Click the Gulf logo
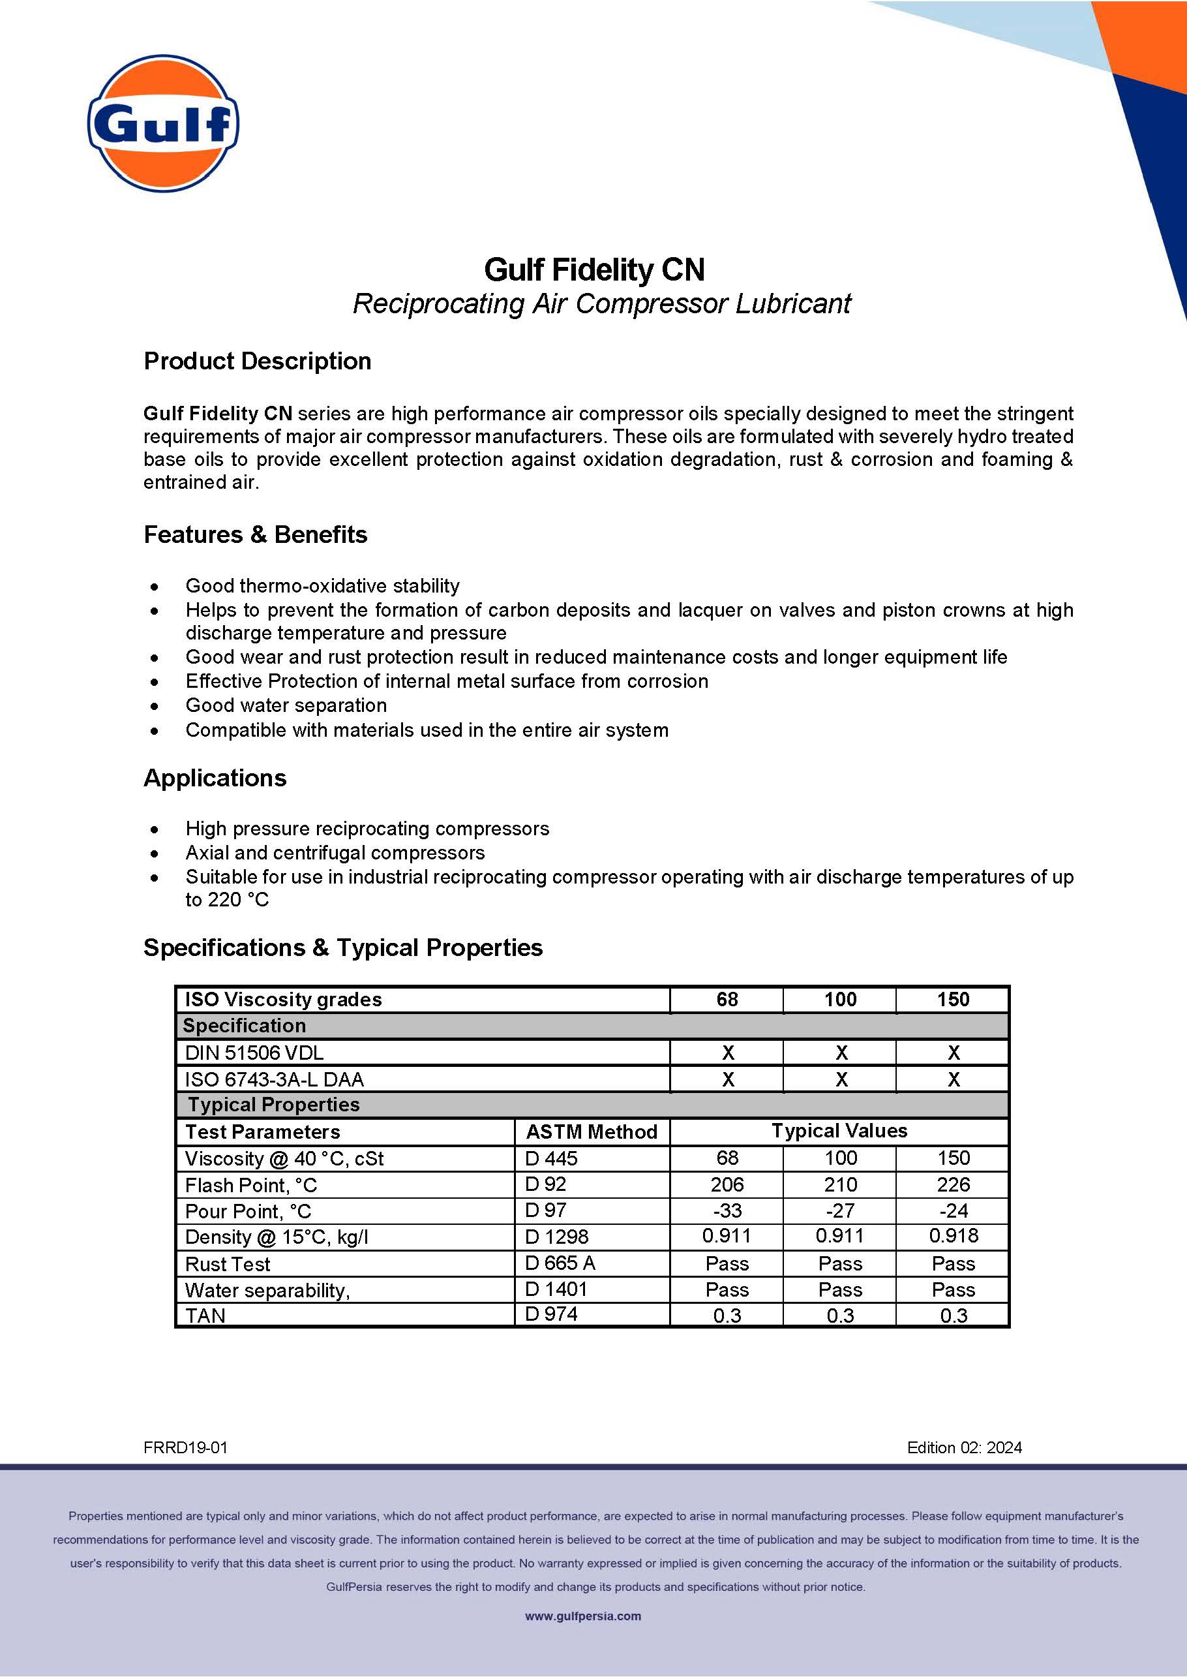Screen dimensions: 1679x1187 pyautogui.click(x=163, y=123)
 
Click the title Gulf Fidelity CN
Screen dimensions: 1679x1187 pyautogui.click(x=593, y=270)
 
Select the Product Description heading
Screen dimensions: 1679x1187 pyautogui.click(x=257, y=362)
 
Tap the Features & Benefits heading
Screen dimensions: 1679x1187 pyautogui.click(x=255, y=534)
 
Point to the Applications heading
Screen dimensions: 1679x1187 pyautogui.click(x=215, y=778)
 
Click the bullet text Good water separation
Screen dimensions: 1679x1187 pyautogui.click(x=286, y=705)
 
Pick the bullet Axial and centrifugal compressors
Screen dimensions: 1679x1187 pyautogui.click(x=335, y=853)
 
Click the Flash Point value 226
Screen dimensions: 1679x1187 pyautogui.click(x=953, y=1184)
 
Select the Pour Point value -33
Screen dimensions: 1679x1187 pyautogui.click(x=727, y=1211)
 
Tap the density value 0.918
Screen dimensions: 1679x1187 pyautogui.click(x=953, y=1236)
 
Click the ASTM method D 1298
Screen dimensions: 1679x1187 pyautogui.click(x=556, y=1237)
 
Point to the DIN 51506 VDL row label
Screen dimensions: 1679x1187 pyautogui.click(x=254, y=1053)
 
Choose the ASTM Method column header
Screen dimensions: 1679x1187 pyautogui.click(x=592, y=1132)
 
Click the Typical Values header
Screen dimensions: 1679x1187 pyautogui.click(x=839, y=1132)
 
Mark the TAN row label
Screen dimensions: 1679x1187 pyautogui.click(x=205, y=1316)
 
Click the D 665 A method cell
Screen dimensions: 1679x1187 pyautogui.click(x=560, y=1263)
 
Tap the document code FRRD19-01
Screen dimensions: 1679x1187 pyautogui.click(x=186, y=1448)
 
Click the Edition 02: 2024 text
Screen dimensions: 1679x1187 pyautogui.click(x=964, y=1448)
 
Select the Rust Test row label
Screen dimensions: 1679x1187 pyautogui.click(x=228, y=1265)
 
